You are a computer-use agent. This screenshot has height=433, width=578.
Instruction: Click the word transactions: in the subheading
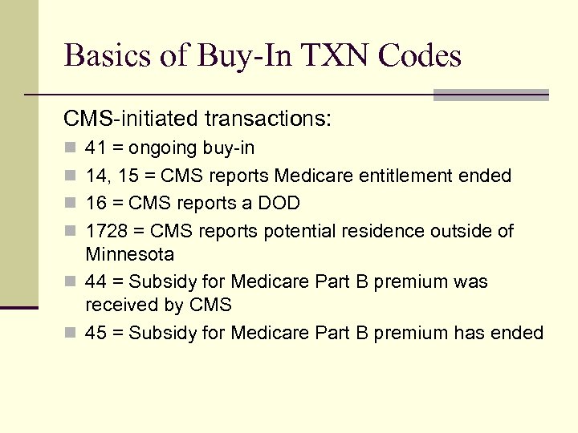268,119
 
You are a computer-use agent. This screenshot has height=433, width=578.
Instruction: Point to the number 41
95,148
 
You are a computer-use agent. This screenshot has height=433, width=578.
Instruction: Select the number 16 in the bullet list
95,204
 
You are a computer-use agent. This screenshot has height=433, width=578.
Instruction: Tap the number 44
96,282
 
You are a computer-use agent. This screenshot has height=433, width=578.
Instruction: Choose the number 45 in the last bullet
96,333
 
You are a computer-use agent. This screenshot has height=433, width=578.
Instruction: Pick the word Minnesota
130,254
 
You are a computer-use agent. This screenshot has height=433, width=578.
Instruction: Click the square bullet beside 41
69,148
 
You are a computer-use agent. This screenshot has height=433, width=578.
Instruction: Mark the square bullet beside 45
69,333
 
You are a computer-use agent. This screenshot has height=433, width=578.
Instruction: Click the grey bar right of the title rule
490,95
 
